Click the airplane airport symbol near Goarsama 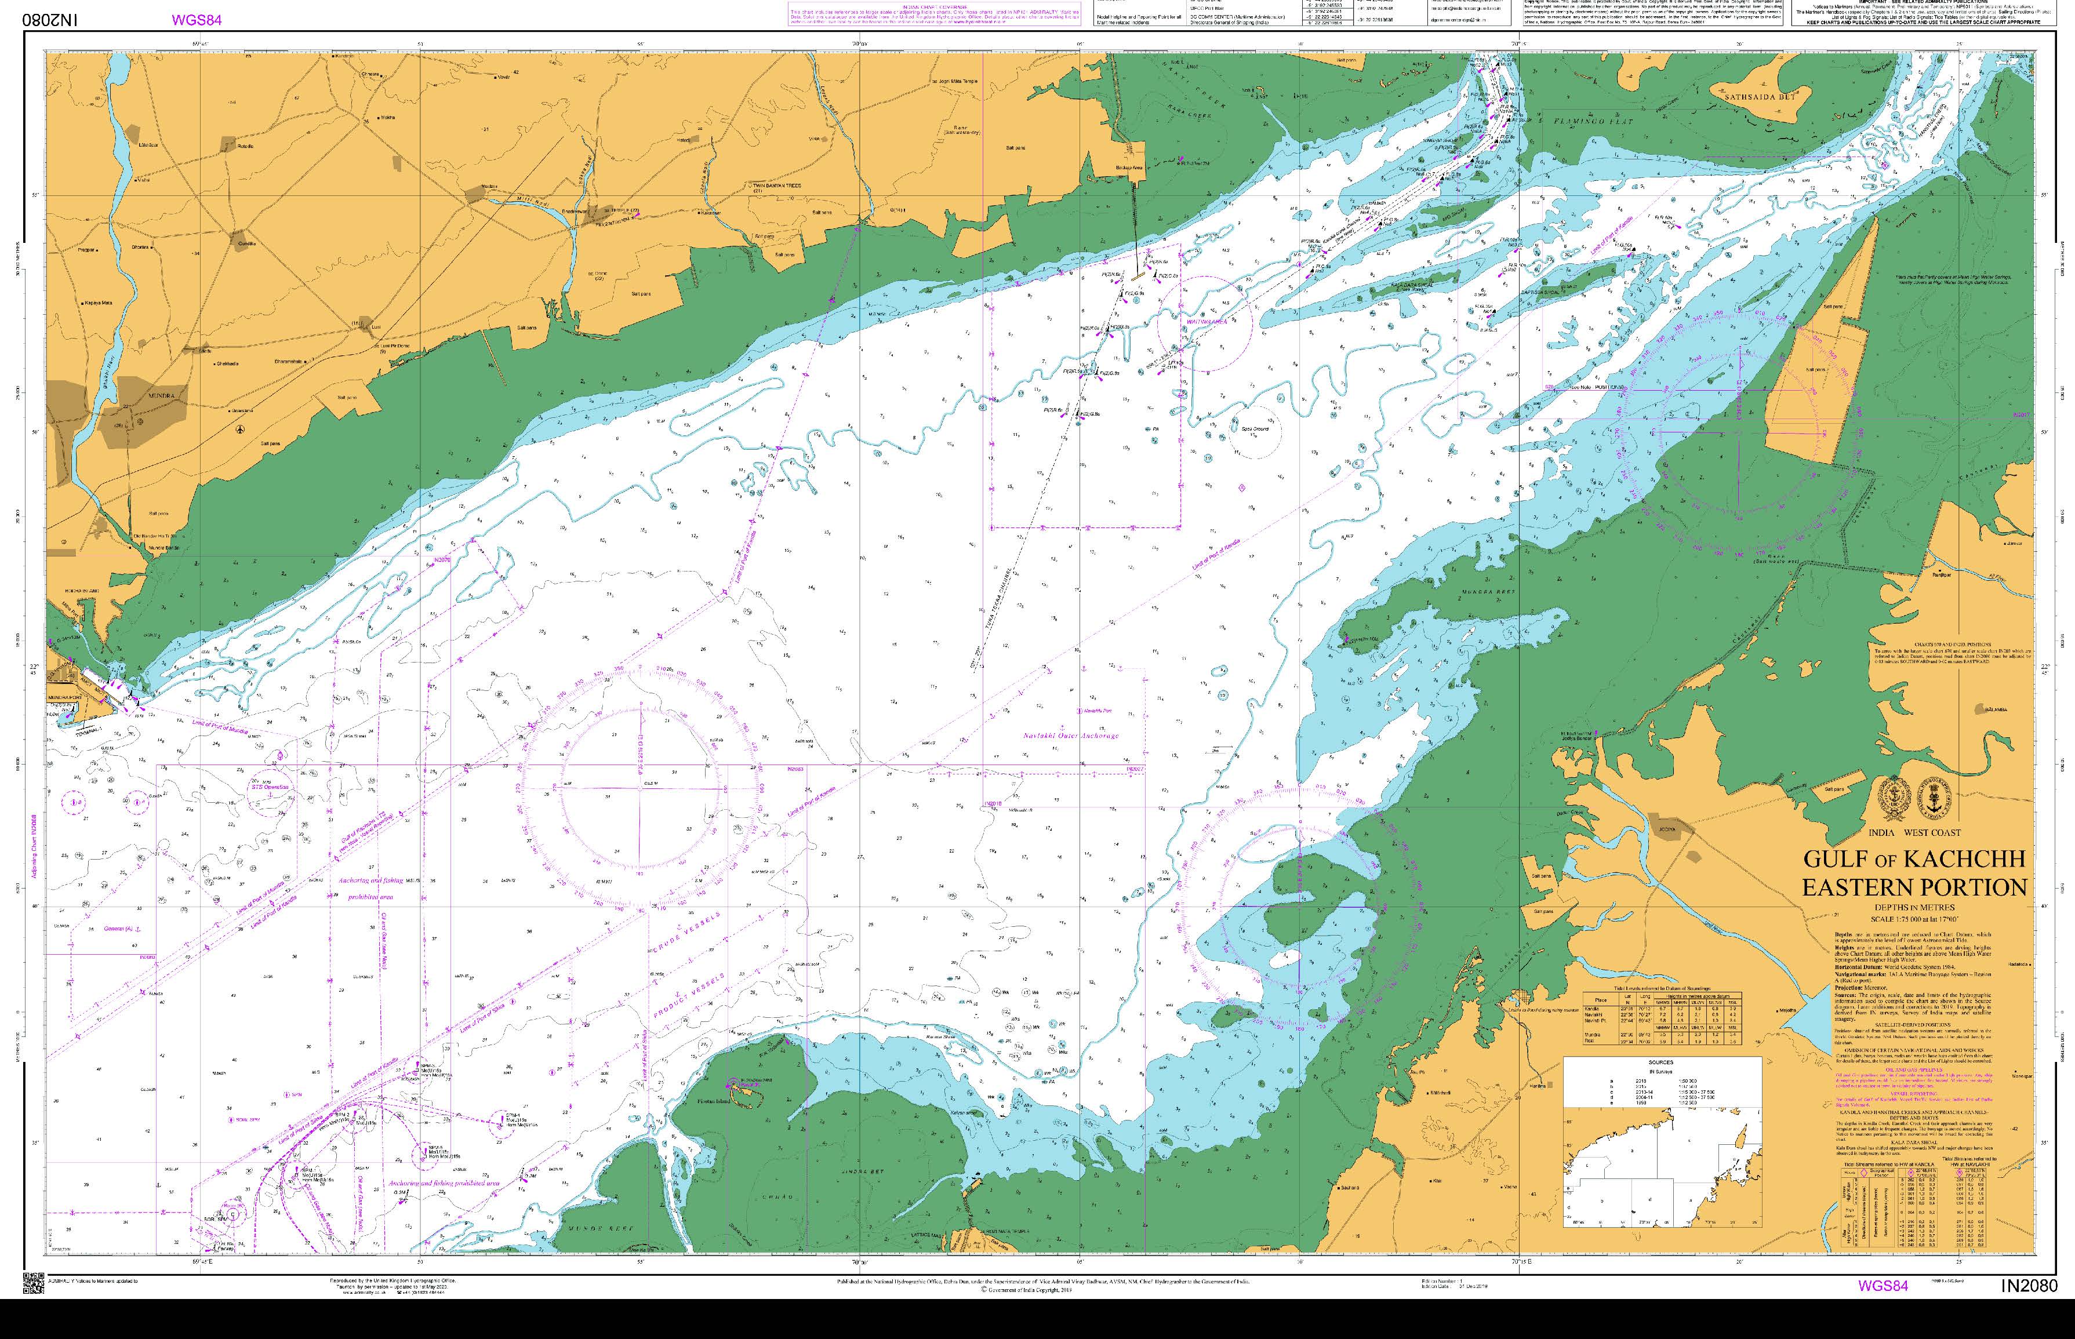click(240, 429)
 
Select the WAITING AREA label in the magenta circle click(1205, 322)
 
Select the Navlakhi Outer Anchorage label click(1070, 736)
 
